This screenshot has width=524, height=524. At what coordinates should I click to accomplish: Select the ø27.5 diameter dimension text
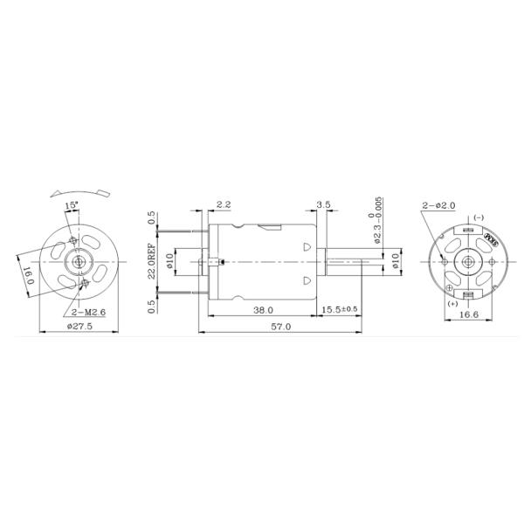coord(80,327)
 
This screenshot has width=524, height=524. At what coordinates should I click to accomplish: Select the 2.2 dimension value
coord(223,204)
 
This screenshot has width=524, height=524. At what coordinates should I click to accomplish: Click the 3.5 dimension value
coord(324,204)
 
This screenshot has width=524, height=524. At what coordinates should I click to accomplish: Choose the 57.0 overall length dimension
coord(281,327)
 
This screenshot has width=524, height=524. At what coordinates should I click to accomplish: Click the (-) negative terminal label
coord(478,217)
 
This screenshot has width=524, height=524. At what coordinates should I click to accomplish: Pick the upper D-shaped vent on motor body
coord(307,246)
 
